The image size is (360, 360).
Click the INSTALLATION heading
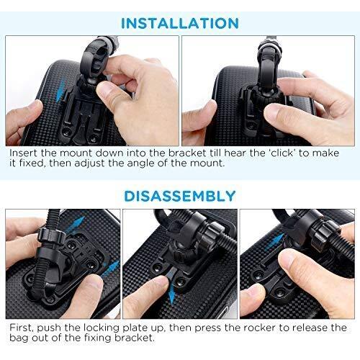[x=180, y=23]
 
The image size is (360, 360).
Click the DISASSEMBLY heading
[x=180, y=196]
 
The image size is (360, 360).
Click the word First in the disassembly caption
[x=22, y=328]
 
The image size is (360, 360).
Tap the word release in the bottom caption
[x=312, y=328]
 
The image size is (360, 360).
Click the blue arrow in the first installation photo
[x=60, y=91]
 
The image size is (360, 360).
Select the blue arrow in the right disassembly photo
[x=276, y=242]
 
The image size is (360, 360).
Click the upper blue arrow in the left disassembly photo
[x=76, y=224]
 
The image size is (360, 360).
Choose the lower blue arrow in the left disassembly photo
[x=110, y=269]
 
